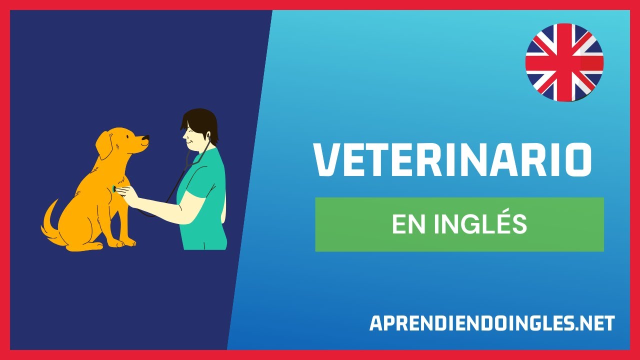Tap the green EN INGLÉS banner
459,224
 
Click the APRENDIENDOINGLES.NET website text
492,323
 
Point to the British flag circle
564,62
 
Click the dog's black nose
145,137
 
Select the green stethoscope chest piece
115,188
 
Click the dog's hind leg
82,235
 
